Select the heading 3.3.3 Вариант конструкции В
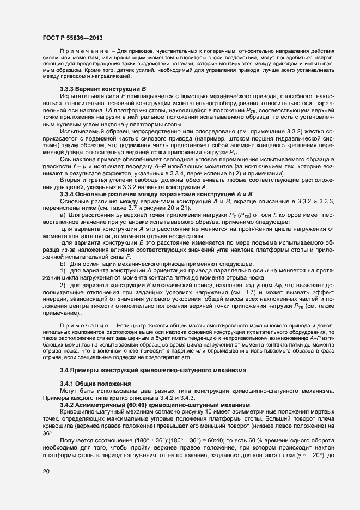(103, 88)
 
